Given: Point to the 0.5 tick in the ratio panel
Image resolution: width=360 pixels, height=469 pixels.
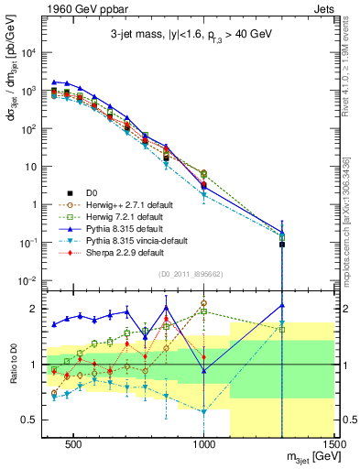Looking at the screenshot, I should coord(36,420).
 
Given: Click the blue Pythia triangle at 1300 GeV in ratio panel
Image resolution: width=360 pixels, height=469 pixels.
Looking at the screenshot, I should coord(282,305).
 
